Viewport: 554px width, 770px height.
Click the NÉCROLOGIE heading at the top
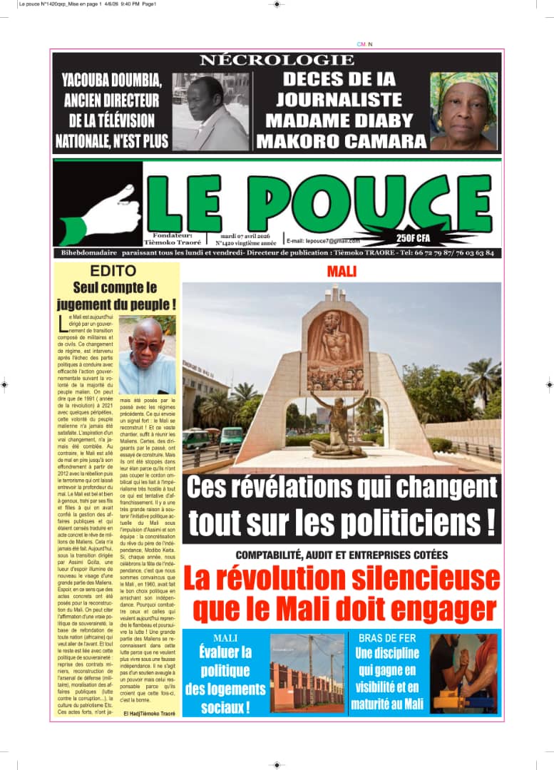(277, 61)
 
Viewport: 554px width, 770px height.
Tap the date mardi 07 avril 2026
(245, 236)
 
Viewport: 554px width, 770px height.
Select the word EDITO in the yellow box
(113, 271)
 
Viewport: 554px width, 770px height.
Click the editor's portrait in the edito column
(147, 355)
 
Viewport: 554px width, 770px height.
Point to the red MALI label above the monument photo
(342, 272)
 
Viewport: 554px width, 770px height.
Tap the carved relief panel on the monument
(335, 349)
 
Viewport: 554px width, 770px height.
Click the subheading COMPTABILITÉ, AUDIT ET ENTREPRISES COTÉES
(342, 555)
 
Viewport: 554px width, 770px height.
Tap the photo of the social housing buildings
(307, 674)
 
